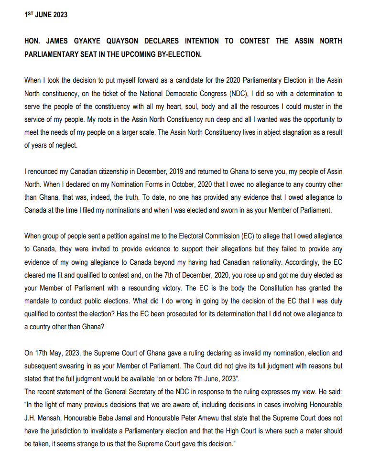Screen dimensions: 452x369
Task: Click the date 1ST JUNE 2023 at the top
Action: (46, 15)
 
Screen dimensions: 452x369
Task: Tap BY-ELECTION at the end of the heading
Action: (176, 54)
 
